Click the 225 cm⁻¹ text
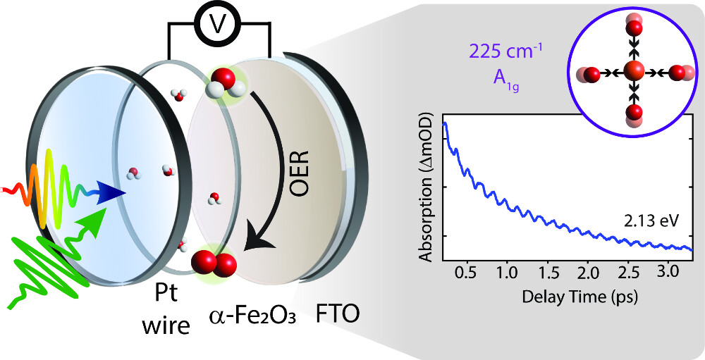[498, 51]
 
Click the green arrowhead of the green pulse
[105, 211]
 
